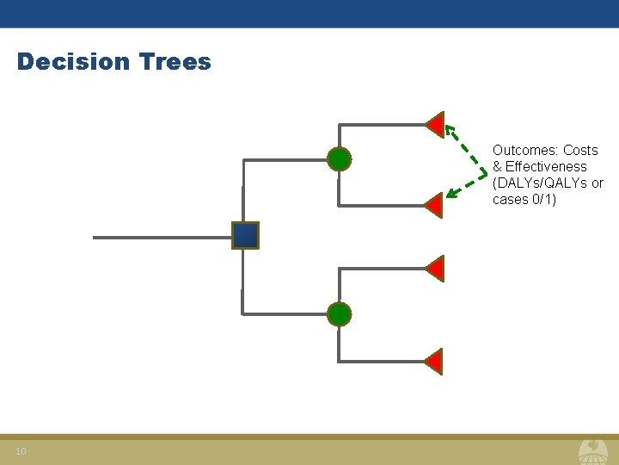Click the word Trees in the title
175,62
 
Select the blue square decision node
245,235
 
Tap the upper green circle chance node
340,159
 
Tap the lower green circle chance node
340,314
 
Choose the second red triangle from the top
435,205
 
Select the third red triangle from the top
435,269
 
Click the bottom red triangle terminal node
435,362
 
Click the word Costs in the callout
580,150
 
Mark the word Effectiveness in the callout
546,166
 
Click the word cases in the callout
509,199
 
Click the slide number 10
21,452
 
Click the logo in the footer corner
592,451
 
